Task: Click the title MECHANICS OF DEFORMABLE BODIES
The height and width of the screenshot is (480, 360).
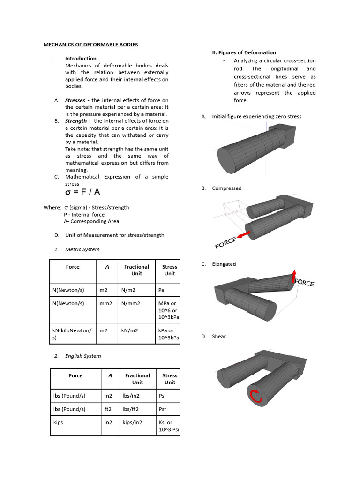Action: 91,45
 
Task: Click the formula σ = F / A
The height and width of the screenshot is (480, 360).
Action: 82,192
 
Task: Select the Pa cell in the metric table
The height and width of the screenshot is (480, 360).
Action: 162,290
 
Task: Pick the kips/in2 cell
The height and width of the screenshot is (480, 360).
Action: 132,422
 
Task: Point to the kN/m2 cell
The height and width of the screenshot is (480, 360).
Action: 130,330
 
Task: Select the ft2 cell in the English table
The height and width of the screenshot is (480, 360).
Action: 108,409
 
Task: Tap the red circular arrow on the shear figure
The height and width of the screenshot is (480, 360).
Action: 255,397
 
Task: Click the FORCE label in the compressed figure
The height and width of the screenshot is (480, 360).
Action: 226,243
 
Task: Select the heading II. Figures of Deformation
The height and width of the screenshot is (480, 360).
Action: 244,52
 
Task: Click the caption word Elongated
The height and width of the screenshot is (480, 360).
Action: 224,264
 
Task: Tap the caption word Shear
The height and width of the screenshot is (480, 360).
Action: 219,336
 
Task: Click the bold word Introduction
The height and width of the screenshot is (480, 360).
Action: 81,59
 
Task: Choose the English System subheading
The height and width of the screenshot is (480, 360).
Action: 83,356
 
